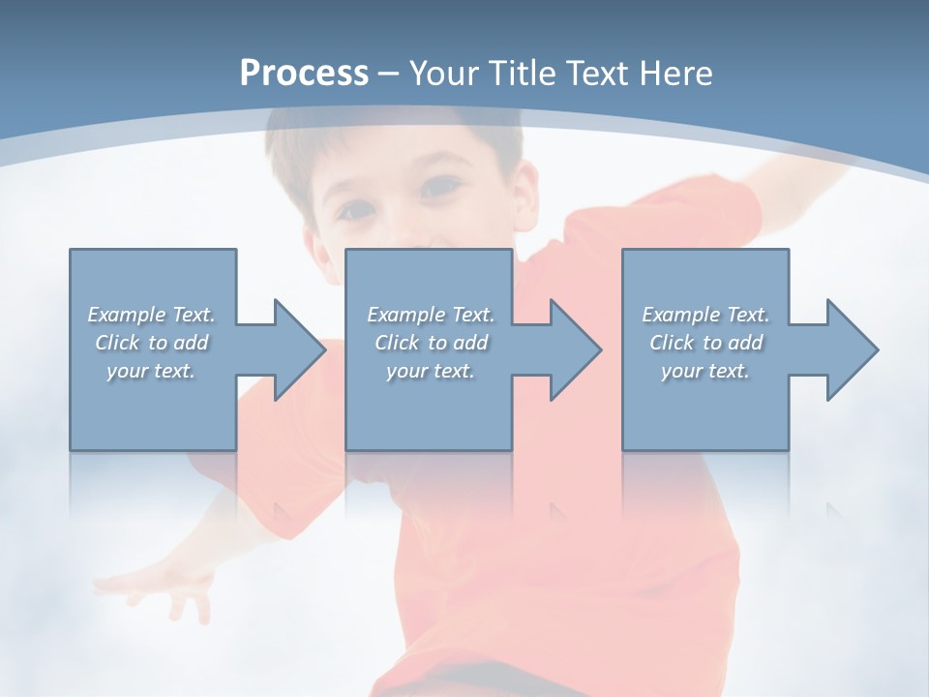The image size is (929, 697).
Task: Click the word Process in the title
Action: point(304,74)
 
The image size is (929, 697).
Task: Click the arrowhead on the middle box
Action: point(570,349)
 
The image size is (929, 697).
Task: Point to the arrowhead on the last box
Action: point(847,349)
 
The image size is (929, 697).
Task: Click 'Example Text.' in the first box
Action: point(152,315)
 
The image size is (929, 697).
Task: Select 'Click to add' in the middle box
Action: point(431,343)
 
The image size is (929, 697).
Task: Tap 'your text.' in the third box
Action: point(705,371)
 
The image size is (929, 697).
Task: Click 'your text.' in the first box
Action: point(152,371)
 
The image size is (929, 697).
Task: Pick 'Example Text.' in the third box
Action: point(705,315)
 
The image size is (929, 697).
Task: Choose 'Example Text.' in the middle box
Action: point(431,315)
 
